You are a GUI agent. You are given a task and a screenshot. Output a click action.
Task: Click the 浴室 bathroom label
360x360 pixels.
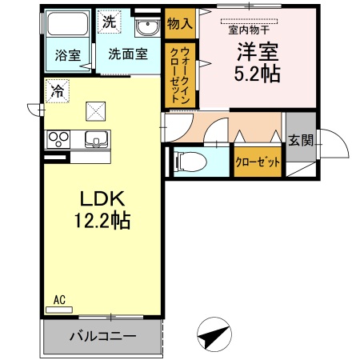(67, 55)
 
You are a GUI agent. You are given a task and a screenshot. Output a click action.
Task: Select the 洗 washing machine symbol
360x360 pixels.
(109, 22)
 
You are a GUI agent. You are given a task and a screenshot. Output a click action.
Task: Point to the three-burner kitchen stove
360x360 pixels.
(59, 139)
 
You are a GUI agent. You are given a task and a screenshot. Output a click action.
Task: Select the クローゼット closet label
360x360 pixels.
(258, 162)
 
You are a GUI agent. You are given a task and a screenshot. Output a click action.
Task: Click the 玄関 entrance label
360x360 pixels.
(301, 141)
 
